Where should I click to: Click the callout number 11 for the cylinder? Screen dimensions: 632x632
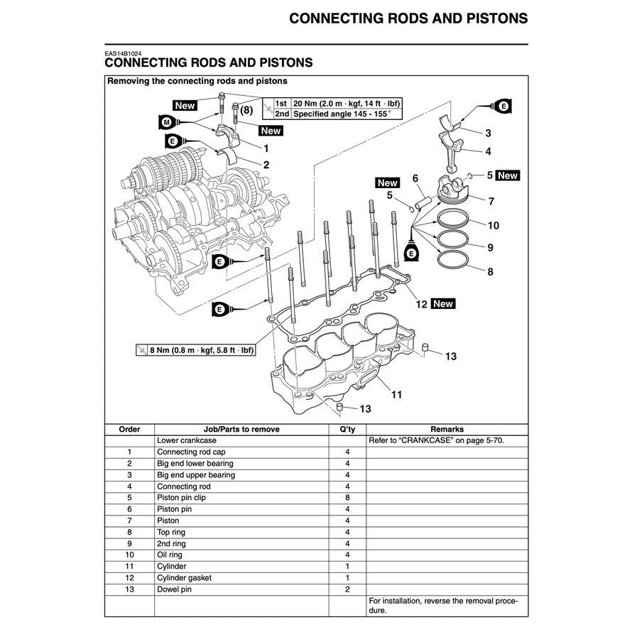[396, 393]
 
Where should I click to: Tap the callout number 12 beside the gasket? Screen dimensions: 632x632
[421, 304]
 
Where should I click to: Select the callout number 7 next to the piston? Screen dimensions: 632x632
[491, 201]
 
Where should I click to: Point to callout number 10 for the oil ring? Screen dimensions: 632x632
[493, 226]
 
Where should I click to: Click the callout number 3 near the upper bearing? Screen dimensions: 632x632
[488, 133]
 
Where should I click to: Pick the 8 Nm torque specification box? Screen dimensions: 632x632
[196, 350]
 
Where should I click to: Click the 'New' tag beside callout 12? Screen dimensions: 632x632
[442, 304]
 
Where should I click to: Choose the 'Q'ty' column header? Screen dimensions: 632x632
[347, 429]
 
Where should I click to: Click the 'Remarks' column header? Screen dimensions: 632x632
[447, 429]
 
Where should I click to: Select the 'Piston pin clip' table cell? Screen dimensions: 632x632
[182, 498]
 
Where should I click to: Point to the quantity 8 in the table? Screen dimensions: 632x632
[347, 498]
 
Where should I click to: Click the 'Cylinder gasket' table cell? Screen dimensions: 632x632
[184, 578]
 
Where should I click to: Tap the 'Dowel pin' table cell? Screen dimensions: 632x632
[174, 589]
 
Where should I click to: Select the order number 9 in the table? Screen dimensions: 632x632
[129, 543]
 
